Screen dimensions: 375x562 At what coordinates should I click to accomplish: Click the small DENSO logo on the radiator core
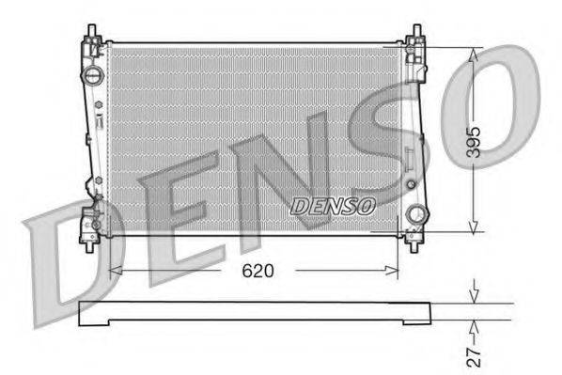pos(333,205)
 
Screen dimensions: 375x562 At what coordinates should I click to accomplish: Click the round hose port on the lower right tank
pos(414,214)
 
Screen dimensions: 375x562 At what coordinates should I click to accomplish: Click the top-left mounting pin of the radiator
pos(91,31)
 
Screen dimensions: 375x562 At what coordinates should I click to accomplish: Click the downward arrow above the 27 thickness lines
pos(475,292)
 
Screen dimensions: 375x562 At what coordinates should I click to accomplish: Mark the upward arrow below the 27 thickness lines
pos(475,329)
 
